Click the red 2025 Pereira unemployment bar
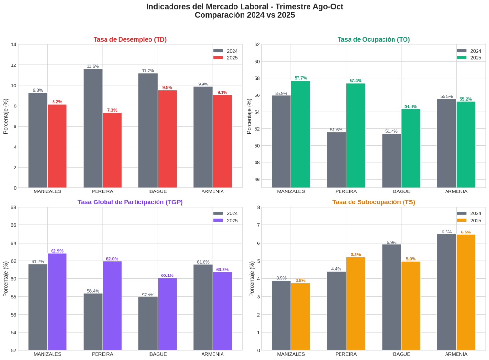tap(112, 150)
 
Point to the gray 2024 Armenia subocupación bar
tap(446, 292)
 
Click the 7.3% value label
tap(112, 110)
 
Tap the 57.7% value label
tap(300, 78)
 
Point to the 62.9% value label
tap(57, 251)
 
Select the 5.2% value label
tap(356, 254)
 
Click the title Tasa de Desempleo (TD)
tap(129, 40)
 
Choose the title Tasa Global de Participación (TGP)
tap(130, 202)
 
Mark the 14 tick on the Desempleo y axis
tap(14, 45)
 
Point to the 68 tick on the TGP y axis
tap(14, 207)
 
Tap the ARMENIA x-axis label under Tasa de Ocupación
tap(456, 191)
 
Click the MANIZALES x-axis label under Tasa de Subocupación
tap(291, 354)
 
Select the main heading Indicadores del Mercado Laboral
tap(244, 7)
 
